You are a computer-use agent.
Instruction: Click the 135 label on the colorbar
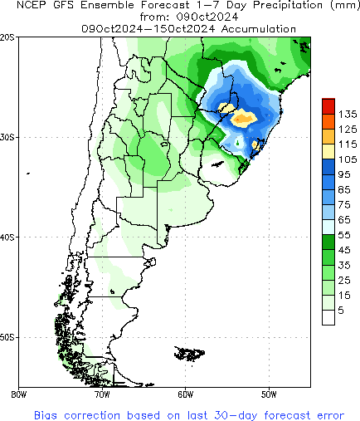pyautogui.click(x=348, y=113)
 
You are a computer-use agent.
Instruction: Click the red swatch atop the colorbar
pyautogui.click(x=329, y=104)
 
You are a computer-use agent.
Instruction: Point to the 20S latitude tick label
pyautogui.click(x=7, y=37)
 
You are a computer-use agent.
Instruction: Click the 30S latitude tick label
pyautogui.click(x=7, y=137)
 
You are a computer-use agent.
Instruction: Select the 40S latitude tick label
pyautogui.click(x=7, y=237)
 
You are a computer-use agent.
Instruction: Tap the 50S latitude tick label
pyautogui.click(x=7, y=337)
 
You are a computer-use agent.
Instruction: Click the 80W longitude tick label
pyautogui.click(x=18, y=394)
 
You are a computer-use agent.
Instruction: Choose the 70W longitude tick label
pyautogui.click(x=102, y=394)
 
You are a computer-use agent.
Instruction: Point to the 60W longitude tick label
pyautogui.click(x=185, y=394)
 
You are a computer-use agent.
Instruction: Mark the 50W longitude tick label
pyautogui.click(x=269, y=394)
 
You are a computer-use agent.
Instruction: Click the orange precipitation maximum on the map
pyautogui.click(x=244, y=119)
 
